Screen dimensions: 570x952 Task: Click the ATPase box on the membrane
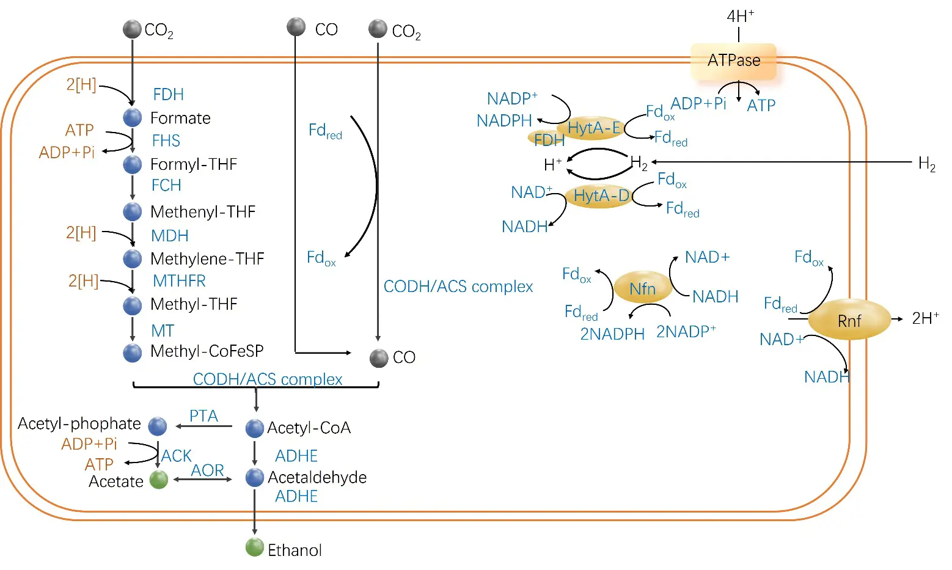pos(733,60)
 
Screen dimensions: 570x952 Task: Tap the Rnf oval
pos(849,320)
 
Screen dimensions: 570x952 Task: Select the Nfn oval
pos(642,288)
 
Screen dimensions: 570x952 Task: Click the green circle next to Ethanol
pos(254,547)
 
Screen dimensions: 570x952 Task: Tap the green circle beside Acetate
pos(159,480)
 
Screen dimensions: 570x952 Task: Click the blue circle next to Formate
pos(133,117)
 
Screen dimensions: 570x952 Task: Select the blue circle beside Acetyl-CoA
pos(254,428)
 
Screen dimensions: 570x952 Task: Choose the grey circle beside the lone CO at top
pos(296,27)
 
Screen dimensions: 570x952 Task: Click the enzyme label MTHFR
pos(179,281)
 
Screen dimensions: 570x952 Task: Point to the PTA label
pos(203,416)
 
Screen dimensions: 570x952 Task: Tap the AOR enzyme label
pos(208,470)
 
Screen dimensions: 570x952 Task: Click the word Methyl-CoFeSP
pos(207,351)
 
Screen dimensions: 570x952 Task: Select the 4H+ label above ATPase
pos(740,16)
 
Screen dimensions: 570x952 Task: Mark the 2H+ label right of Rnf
pos(925,318)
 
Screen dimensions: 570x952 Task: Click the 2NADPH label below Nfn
pos(612,334)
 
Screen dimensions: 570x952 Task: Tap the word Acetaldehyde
pos(317,478)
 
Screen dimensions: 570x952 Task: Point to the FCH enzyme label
pos(166,185)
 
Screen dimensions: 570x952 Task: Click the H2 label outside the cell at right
pos(926,164)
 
